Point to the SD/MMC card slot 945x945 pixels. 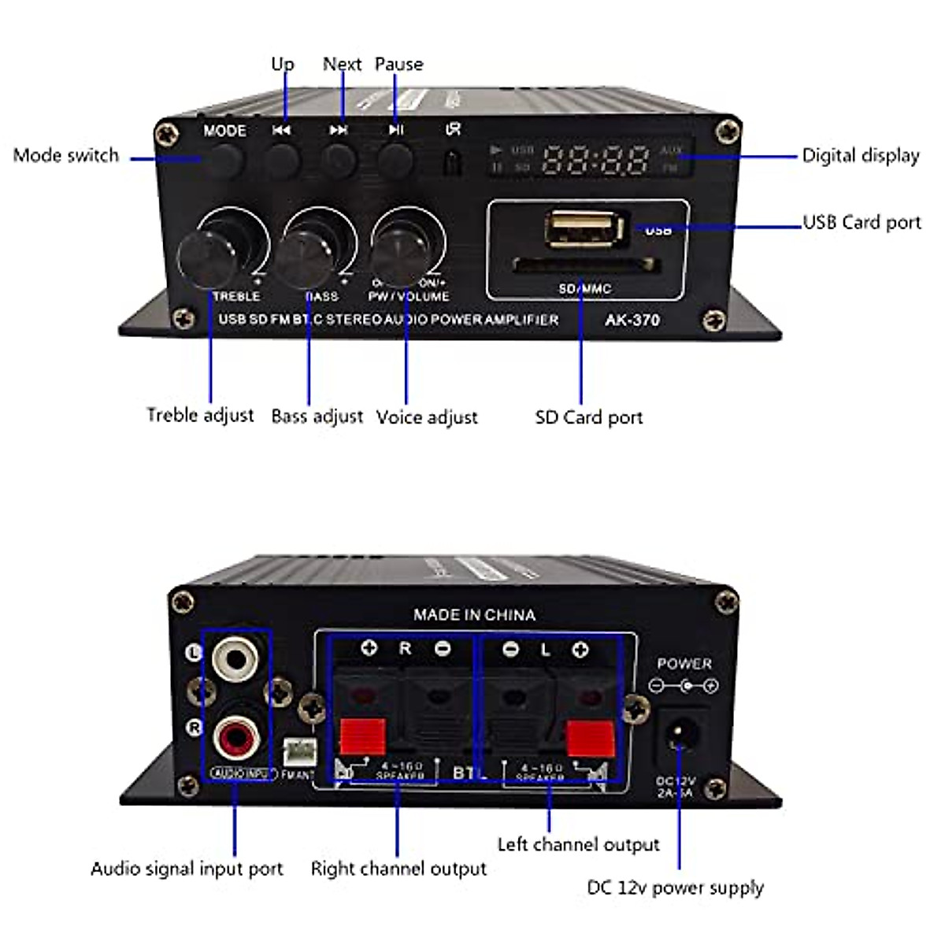(x=585, y=265)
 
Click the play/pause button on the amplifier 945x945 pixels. (x=395, y=159)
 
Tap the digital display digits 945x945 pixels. (x=596, y=159)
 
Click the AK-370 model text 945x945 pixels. (x=632, y=320)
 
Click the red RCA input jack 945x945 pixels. (x=235, y=739)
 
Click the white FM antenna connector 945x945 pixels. (x=298, y=751)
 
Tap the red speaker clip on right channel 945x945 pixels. (x=362, y=737)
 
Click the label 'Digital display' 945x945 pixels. (x=861, y=155)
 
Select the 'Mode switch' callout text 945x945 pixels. (x=66, y=155)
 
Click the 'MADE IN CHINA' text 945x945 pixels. (x=474, y=614)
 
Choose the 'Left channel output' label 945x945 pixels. (x=578, y=844)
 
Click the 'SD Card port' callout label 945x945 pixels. (x=588, y=417)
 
